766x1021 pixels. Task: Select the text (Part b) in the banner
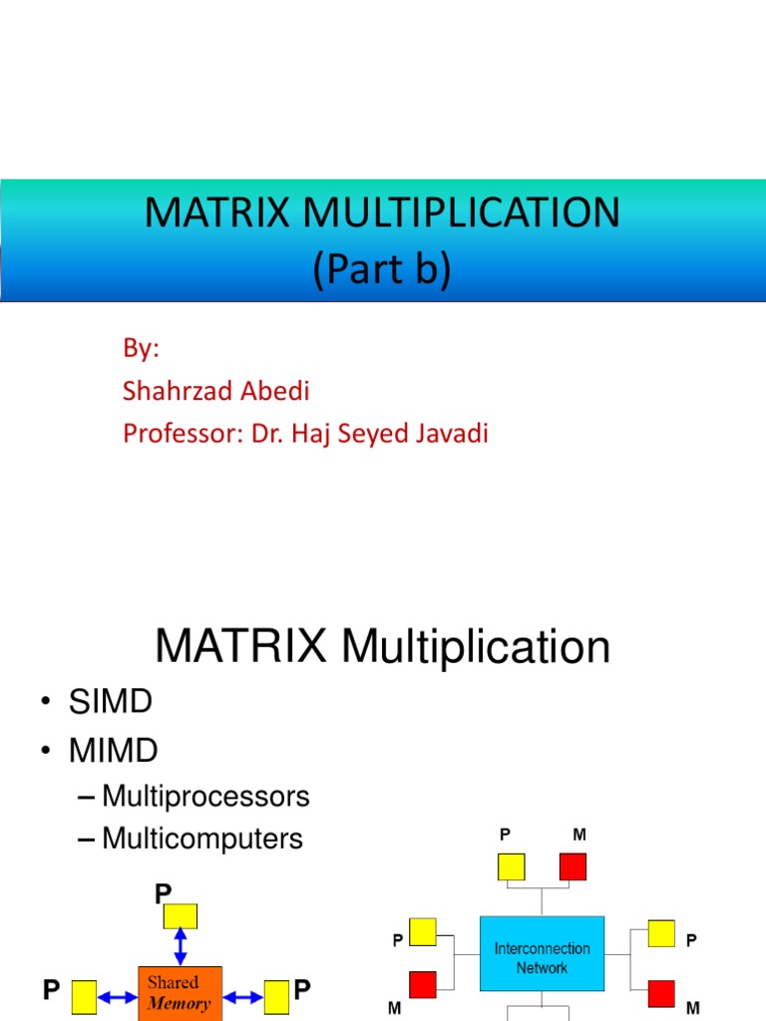[382, 270]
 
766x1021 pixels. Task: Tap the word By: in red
[141, 348]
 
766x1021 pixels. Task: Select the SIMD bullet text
[110, 702]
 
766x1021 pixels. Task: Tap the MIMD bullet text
[113, 750]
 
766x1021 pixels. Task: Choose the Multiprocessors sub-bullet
[205, 797]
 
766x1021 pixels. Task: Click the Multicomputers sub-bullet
[201, 839]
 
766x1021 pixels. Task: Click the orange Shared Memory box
[180, 992]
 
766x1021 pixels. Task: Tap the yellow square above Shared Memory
[181, 915]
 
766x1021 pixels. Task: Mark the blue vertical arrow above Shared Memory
[181, 946]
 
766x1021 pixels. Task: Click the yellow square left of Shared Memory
[84, 994]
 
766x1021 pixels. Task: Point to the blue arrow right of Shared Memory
[243, 994]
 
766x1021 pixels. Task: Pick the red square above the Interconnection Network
[573, 866]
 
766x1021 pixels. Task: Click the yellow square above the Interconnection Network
[511, 866]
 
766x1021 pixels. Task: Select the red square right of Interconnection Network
[660, 993]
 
